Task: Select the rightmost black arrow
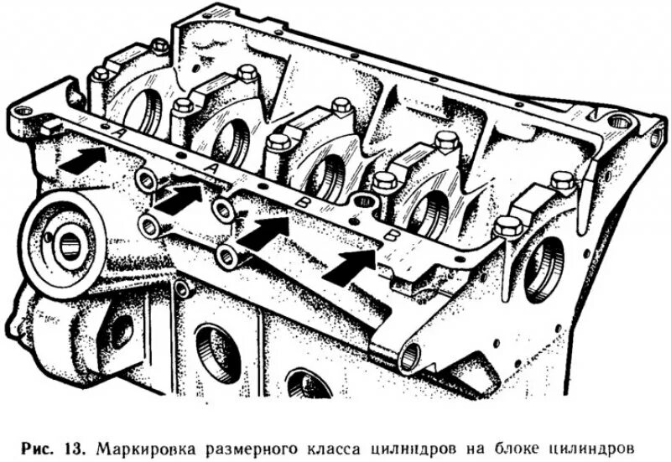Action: [351, 265]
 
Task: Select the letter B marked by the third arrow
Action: [299, 201]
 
